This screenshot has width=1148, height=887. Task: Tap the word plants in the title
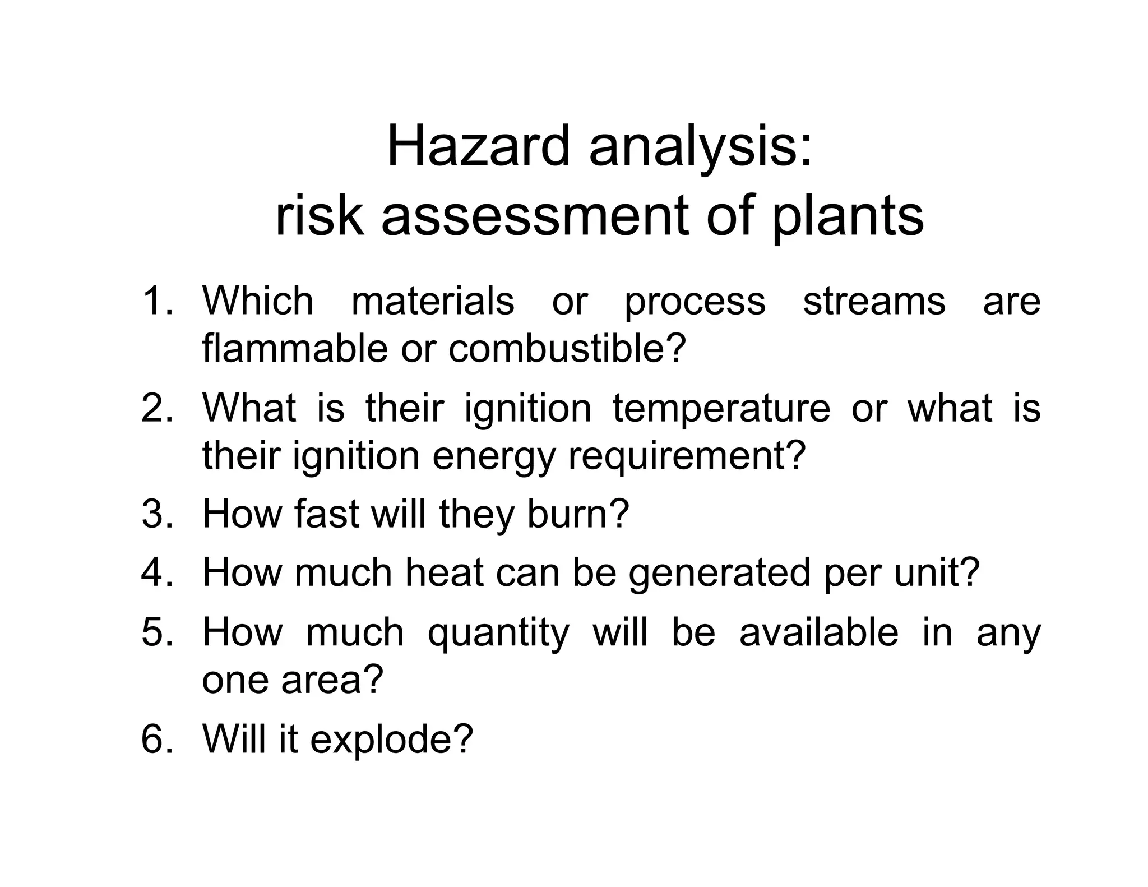point(848,216)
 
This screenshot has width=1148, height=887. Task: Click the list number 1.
point(157,301)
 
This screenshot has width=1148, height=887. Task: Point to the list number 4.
point(157,572)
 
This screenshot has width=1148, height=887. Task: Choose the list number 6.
point(157,738)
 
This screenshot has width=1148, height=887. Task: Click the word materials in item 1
point(432,301)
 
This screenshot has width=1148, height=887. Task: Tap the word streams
point(874,301)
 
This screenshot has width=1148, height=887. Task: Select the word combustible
point(567,349)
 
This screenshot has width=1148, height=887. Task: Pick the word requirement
point(687,455)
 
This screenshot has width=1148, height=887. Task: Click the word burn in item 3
point(578,514)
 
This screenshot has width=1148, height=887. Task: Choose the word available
point(819,631)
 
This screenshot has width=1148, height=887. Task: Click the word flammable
point(295,349)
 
